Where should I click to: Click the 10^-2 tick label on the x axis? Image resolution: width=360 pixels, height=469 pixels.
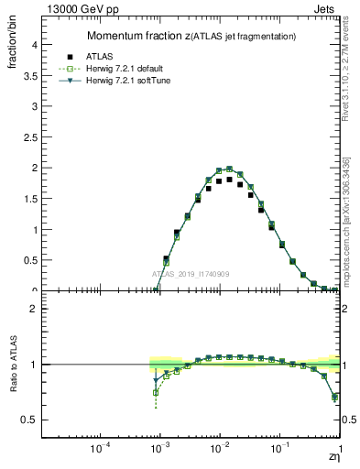tap(219, 449)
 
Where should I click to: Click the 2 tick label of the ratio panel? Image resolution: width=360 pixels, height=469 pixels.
tap(33, 309)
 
